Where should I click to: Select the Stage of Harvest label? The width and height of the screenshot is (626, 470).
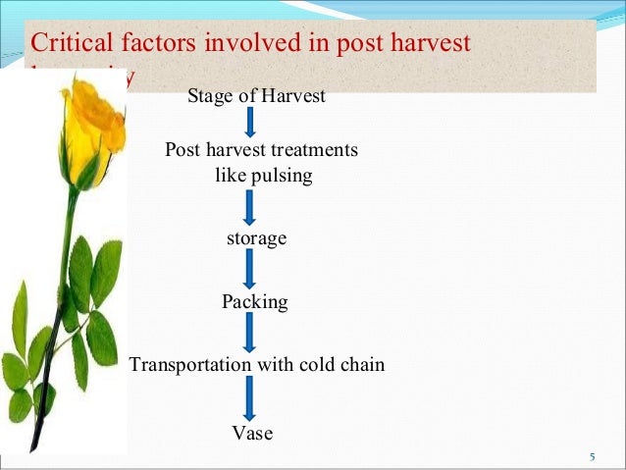click(256, 96)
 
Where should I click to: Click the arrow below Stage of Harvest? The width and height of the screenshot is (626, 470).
click(250, 122)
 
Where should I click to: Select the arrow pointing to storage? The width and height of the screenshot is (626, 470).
click(250, 207)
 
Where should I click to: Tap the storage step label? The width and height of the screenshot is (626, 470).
click(256, 238)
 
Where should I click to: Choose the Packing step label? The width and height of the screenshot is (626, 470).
click(255, 302)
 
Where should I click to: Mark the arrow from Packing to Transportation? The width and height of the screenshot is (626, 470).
click(250, 333)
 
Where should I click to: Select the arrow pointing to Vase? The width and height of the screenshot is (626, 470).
click(250, 399)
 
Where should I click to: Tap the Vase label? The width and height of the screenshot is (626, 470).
click(252, 434)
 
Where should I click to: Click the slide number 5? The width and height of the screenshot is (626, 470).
click(592, 457)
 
